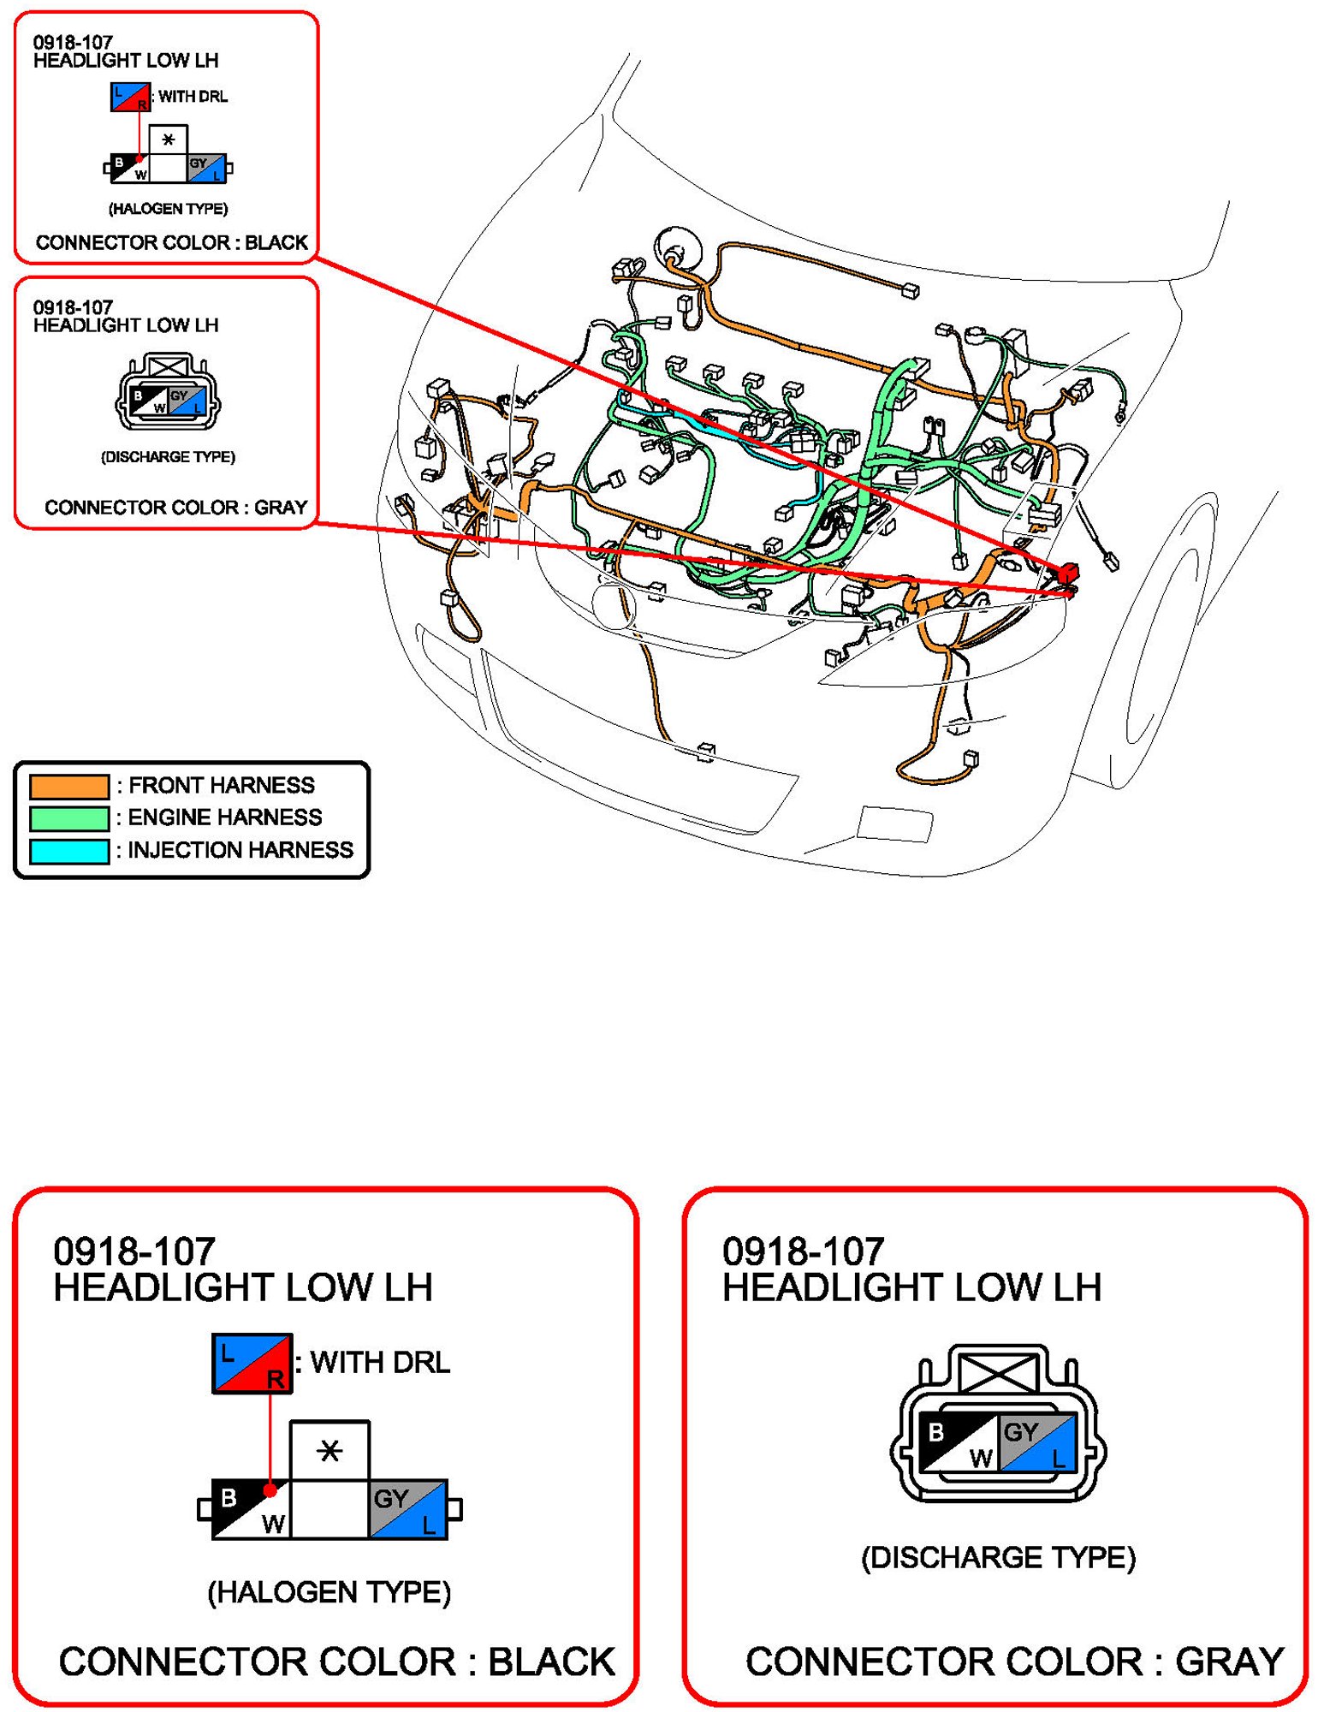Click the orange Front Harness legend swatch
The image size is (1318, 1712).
point(69,786)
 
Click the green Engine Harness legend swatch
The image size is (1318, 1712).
point(69,818)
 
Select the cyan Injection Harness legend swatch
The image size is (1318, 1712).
point(69,851)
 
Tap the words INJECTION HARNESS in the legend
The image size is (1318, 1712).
point(240,850)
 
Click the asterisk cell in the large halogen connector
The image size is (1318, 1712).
point(329,1450)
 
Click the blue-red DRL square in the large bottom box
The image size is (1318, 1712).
point(252,1363)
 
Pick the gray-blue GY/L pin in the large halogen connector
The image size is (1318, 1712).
point(408,1509)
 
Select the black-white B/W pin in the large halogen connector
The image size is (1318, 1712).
point(252,1509)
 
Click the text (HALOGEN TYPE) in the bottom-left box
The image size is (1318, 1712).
point(329,1592)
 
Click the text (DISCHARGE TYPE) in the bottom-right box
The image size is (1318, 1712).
point(999,1557)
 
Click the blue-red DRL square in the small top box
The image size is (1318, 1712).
point(131,97)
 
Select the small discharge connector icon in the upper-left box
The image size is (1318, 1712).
point(168,392)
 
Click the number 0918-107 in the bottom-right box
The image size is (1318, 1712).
point(804,1251)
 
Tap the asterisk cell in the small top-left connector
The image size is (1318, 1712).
point(168,140)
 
